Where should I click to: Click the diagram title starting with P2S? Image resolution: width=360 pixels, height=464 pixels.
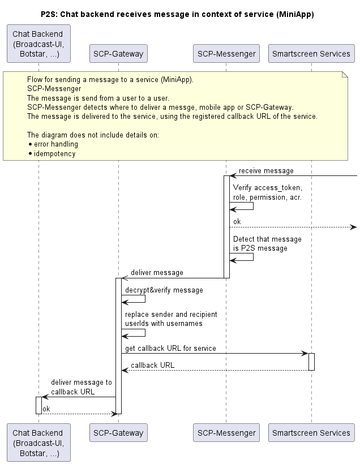click(x=177, y=14)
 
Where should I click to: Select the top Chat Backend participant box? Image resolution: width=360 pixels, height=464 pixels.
click(x=39, y=44)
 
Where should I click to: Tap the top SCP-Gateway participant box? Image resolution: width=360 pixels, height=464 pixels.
click(x=118, y=54)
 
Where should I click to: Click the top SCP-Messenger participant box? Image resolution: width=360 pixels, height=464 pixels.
click(x=226, y=54)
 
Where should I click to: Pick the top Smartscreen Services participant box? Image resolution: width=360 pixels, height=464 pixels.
click(x=311, y=54)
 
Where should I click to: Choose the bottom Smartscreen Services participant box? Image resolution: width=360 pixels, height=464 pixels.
click(x=311, y=433)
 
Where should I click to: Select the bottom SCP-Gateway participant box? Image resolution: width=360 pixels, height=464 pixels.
click(x=118, y=433)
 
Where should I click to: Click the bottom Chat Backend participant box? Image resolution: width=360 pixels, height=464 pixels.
click(x=39, y=442)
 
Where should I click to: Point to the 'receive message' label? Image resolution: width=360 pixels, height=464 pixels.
click(x=266, y=171)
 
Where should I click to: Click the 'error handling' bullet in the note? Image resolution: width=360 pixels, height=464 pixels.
click(x=54, y=144)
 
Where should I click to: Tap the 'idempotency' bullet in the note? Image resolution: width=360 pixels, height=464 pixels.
click(x=53, y=153)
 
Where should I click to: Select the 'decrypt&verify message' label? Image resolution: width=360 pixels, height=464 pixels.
click(x=164, y=290)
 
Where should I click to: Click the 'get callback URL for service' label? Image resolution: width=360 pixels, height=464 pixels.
click(x=170, y=349)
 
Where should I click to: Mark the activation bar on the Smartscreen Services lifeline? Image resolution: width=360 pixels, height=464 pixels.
click(x=311, y=362)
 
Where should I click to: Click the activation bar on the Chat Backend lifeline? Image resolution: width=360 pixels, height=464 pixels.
click(x=39, y=405)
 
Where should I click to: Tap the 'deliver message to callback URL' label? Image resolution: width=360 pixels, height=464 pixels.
click(x=82, y=387)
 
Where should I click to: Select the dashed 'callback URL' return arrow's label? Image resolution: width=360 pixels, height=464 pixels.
click(x=152, y=365)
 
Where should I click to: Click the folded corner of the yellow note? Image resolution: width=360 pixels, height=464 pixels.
click(x=345, y=74)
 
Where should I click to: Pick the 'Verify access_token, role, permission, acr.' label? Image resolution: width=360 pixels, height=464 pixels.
click(x=268, y=192)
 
